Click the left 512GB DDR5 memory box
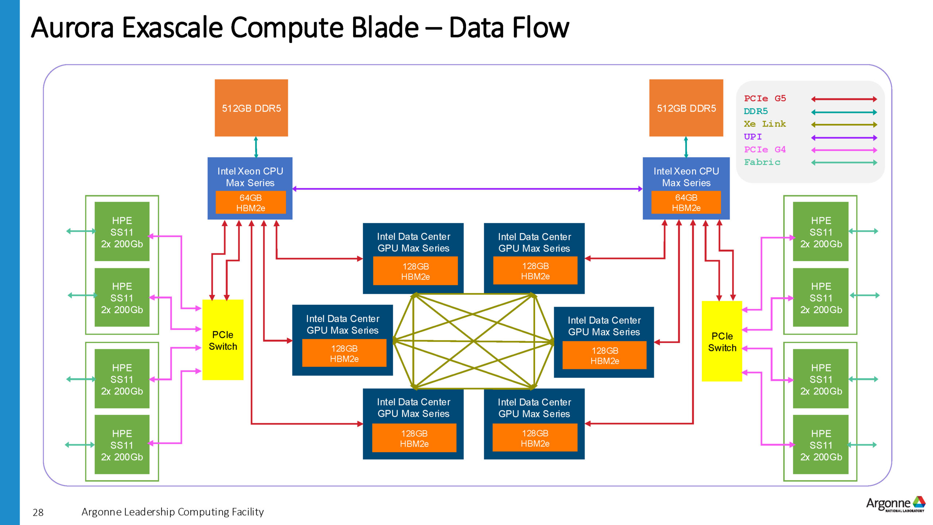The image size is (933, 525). click(x=251, y=108)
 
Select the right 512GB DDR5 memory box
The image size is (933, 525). click(x=686, y=108)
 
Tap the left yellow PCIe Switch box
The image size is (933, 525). click(x=223, y=340)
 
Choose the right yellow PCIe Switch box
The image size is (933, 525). click(x=722, y=341)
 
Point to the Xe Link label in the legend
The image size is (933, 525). click(x=765, y=124)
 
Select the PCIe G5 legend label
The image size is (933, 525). click(x=765, y=98)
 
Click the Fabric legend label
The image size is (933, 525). click(x=762, y=162)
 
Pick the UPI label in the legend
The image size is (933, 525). click(x=753, y=137)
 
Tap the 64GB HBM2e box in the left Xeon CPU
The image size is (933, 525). click(x=251, y=203)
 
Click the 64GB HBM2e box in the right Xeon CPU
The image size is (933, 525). click(x=686, y=203)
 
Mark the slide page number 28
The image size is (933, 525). click(x=38, y=513)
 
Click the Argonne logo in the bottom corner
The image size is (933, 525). click(x=895, y=504)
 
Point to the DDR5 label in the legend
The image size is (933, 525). click(x=756, y=111)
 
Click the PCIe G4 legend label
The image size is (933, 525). click(x=765, y=149)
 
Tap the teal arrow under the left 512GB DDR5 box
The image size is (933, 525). click(x=256, y=147)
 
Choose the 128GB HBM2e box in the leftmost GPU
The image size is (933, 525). click(x=344, y=353)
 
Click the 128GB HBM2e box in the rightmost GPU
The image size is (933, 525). click(x=604, y=355)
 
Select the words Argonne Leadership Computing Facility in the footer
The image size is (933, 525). click(x=172, y=512)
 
